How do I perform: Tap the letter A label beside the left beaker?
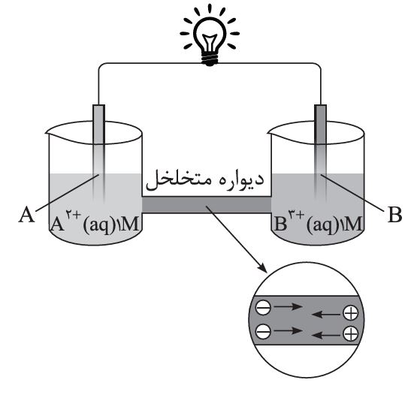tap(26, 215)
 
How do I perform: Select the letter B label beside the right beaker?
tap(394, 214)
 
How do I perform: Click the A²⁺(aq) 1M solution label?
tap(95, 223)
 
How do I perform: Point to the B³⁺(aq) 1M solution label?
tap(318, 223)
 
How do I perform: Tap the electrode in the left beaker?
tap(98, 153)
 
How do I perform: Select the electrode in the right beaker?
tap(321, 153)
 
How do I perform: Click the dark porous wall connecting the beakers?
tap(207, 205)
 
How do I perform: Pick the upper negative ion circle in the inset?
tap(263, 308)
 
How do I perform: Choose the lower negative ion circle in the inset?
tap(263, 331)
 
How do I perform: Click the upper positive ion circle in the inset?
tap(351, 313)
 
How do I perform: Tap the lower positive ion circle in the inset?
tap(351, 334)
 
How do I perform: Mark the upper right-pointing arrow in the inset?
tap(289, 307)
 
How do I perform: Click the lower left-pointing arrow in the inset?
tap(325, 335)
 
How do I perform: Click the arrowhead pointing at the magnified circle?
tap(262, 267)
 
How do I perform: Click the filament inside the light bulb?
tap(210, 43)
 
